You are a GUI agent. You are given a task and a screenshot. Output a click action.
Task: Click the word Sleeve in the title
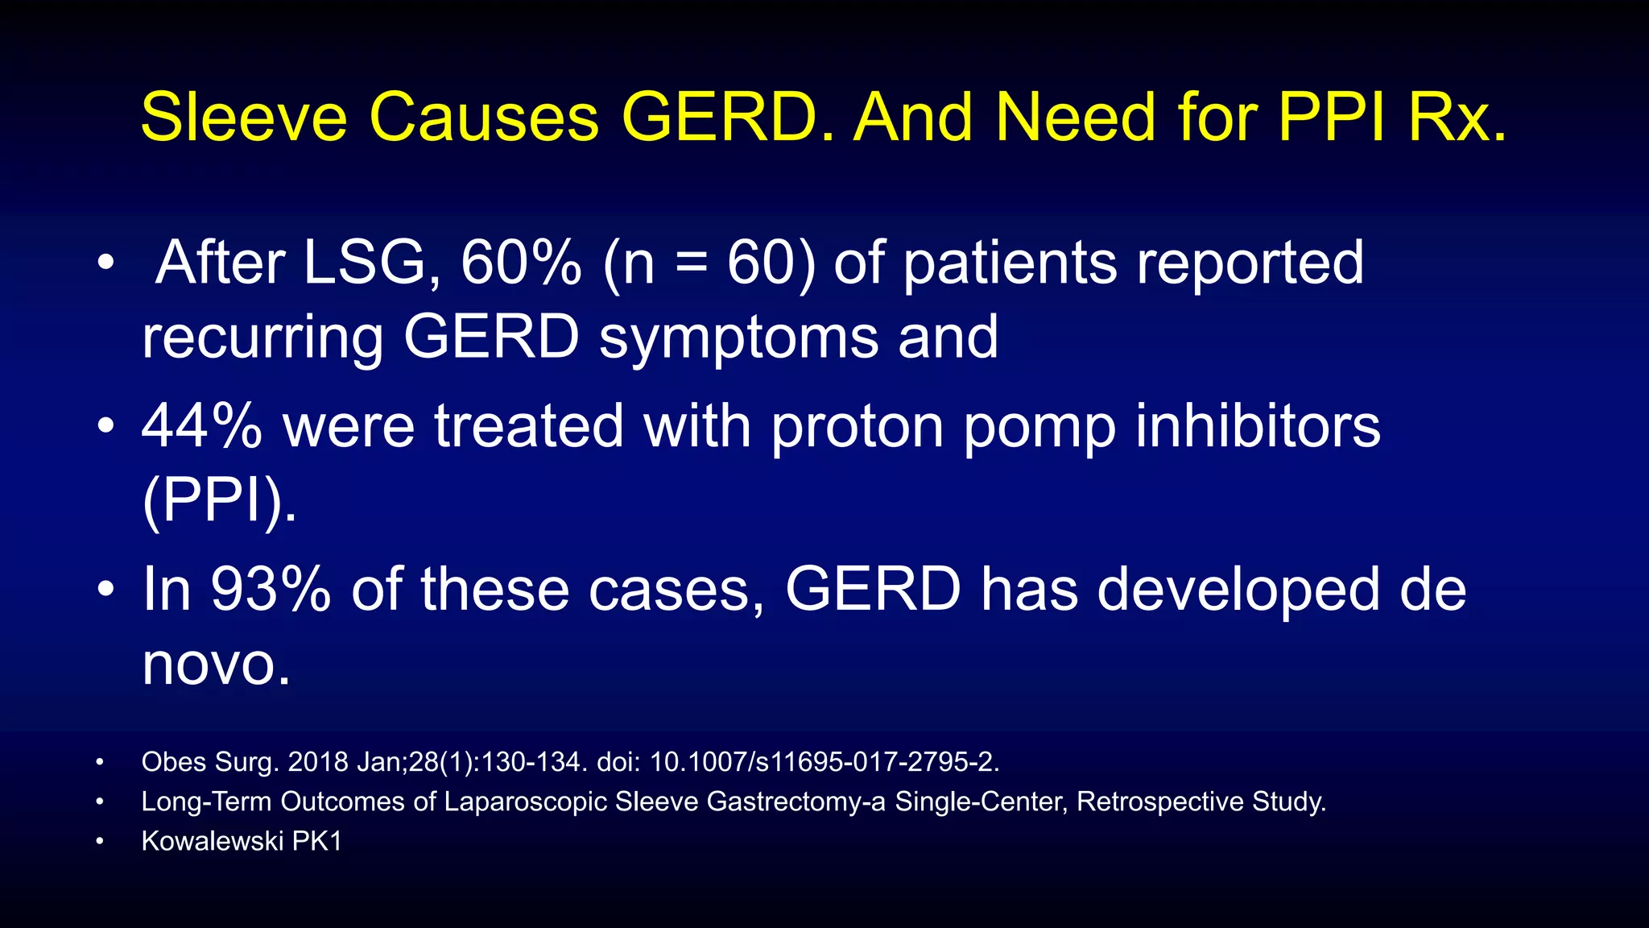point(243,118)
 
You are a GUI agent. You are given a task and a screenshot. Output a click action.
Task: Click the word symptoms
point(738,338)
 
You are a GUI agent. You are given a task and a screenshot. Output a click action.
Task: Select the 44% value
point(202,426)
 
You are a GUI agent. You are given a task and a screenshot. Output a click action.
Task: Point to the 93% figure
point(271,590)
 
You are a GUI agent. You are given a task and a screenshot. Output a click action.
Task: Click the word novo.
point(216,665)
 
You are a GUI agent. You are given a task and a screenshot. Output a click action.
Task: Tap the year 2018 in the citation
point(318,762)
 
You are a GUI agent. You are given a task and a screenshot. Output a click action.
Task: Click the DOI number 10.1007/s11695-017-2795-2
point(824,762)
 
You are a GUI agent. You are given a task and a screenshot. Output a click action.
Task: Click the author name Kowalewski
point(212,842)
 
